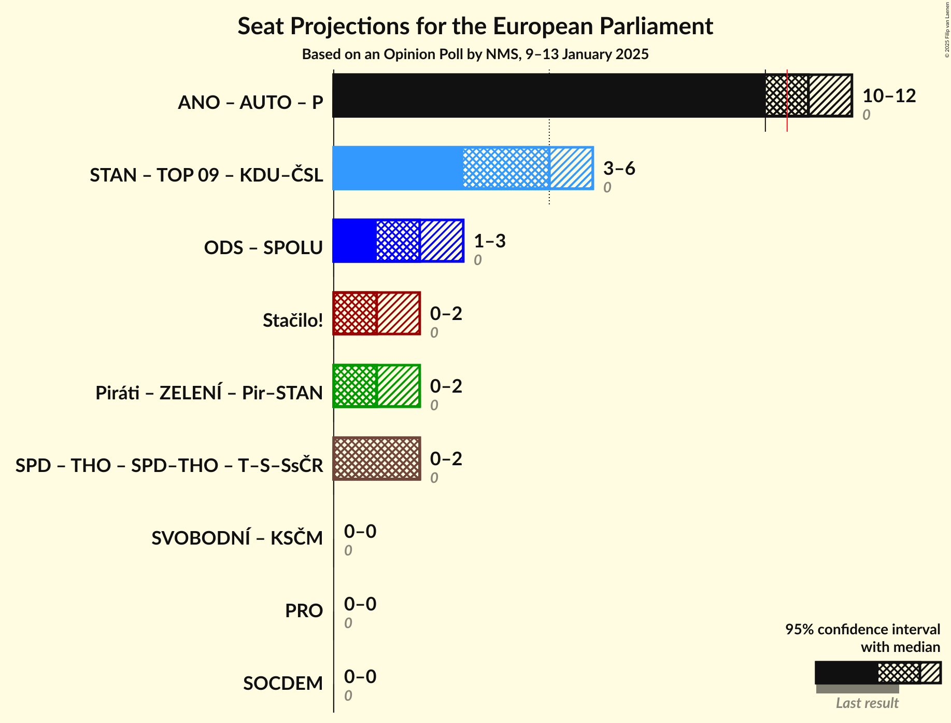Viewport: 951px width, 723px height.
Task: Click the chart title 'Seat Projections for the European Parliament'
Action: tap(475, 26)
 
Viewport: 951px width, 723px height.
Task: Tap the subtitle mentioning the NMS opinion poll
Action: tap(475, 54)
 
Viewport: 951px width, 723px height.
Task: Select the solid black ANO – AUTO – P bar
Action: tap(548, 95)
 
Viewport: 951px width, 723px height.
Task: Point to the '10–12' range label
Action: tap(889, 95)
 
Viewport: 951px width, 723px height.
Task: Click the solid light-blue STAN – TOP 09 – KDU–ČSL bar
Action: tap(398, 168)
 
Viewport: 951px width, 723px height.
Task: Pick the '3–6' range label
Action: tap(619, 168)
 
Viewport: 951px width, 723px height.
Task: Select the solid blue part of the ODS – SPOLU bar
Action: tap(354, 241)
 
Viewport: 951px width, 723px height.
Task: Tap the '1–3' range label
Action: tap(489, 241)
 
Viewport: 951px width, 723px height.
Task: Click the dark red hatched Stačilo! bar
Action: tap(376, 313)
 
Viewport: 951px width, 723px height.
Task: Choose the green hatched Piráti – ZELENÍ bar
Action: tap(376, 386)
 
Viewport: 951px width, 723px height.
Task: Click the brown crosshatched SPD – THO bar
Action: tap(376, 458)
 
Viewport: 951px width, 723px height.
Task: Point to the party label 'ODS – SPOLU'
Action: tap(263, 247)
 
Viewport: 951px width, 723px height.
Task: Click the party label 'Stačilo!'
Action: tap(293, 320)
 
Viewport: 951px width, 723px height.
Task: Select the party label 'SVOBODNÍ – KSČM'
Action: tap(237, 538)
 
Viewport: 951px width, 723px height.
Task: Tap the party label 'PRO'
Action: tap(304, 610)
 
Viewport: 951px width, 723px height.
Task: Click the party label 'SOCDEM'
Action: tap(283, 683)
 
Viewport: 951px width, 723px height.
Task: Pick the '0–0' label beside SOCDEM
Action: tap(360, 676)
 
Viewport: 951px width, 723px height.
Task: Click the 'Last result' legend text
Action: tap(867, 703)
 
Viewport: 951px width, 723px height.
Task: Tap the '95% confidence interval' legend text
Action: tap(862, 629)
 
